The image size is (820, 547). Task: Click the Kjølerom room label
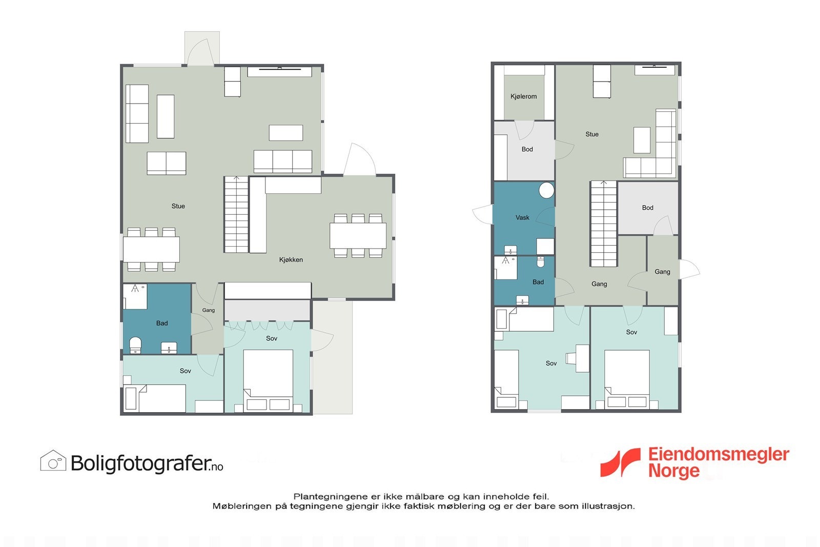tap(523, 96)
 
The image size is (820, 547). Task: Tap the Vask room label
tap(522, 217)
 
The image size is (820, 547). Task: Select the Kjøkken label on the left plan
tap(291, 260)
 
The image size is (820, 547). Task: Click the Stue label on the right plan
tap(592, 134)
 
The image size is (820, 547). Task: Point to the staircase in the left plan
tap(236, 215)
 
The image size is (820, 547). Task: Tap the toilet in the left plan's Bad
tap(135, 345)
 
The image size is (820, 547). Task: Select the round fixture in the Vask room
tap(546, 191)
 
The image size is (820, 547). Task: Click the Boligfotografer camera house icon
tap(53, 461)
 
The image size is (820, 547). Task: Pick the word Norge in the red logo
tap(673, 471)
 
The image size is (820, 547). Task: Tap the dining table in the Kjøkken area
tap(358, 236)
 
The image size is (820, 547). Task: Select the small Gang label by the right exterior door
tap(662, 272)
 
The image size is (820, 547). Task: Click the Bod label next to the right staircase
tap(647, 208)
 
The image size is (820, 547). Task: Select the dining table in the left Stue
tap(151, 250)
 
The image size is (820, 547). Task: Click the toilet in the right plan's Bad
tap(540, 262)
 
